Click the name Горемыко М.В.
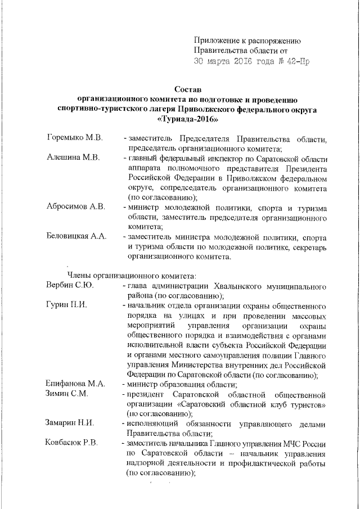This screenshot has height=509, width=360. click(74, 138)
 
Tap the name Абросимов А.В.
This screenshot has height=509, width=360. click(75, 207)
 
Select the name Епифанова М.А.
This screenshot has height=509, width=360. click(75, 384)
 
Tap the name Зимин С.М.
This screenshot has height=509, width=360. click(67, 394)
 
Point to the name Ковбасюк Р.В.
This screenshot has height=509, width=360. click(71, 443)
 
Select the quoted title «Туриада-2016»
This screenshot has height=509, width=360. click(188, 119)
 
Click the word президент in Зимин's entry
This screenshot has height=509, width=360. click(148, 394)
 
